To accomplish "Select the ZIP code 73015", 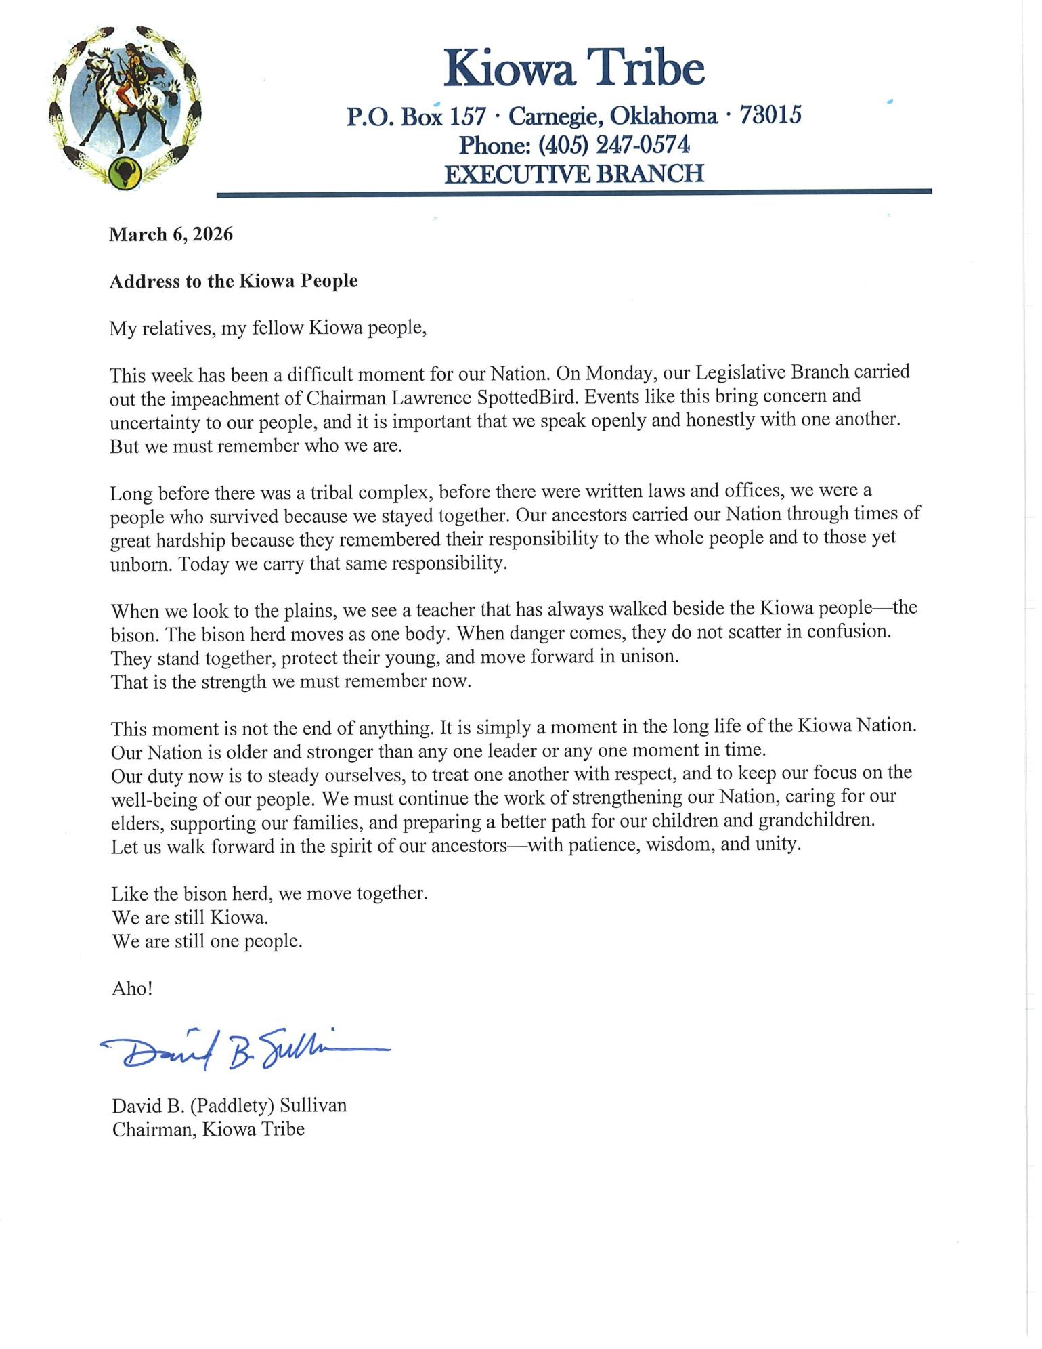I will tap(770, 115).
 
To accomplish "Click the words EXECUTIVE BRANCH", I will tap(574, 174).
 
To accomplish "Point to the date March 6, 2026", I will tap(171, 234).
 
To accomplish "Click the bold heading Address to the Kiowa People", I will tap(234, 281).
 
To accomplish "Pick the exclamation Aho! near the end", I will tap(132, 989).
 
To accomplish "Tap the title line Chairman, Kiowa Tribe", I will tap(208, 1129).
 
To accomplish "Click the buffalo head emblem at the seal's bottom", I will tap(125, 173).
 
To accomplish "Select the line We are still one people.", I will tap(207, 941).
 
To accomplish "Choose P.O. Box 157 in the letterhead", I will tap(416, 116).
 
